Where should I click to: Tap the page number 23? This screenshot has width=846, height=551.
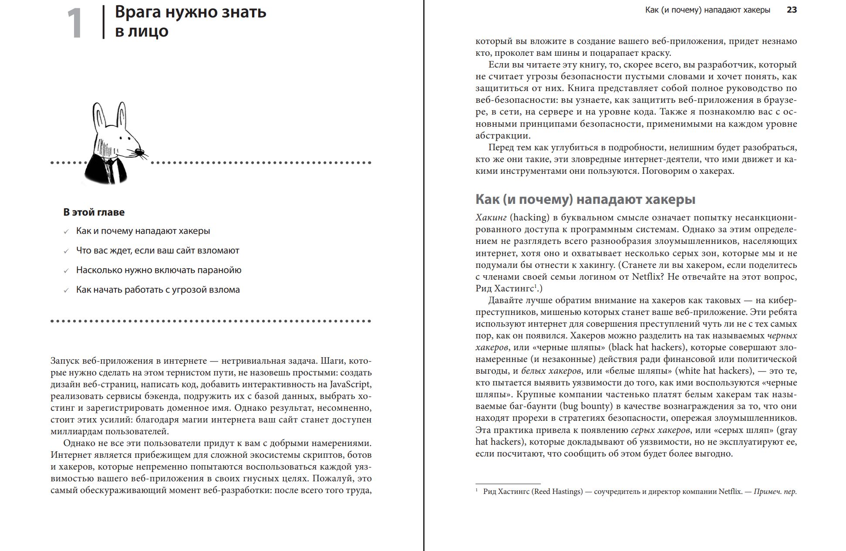click(792, 10)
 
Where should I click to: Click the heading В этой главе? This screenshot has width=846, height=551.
click(94, 212)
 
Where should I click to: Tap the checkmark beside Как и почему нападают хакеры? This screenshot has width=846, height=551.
click(66, 232)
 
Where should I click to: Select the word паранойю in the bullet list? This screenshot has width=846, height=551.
click(219, 270)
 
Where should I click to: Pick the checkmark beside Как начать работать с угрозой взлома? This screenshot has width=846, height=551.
click(66, 291)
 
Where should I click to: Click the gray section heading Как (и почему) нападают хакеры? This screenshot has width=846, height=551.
click(585, 199)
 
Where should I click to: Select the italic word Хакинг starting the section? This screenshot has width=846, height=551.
click(491, 217)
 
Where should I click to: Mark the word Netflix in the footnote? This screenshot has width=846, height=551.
click(730, 491)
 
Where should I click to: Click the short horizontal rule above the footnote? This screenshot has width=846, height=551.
click(508, 483)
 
